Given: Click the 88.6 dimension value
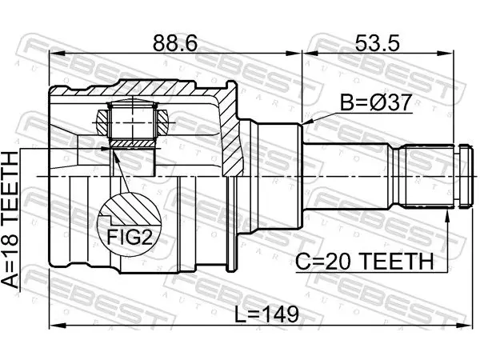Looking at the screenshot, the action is (x=175, y=43).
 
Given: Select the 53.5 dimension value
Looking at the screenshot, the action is (x=377, y=43).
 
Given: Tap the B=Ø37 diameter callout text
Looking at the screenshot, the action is (x=376, y=102).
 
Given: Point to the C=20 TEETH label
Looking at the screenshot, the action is (x=364, y=261).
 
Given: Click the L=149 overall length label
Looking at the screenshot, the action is (x=266, y=314).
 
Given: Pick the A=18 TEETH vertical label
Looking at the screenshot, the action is (x=10, y=220).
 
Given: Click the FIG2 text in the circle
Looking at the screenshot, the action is (x=130, y=237).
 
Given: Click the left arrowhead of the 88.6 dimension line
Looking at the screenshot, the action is (x=57, y=54).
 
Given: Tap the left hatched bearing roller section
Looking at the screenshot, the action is (x=102, y=122).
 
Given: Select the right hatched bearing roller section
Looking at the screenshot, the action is (x=162, y=122).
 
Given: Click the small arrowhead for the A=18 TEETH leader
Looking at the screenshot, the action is (x=105, y=149).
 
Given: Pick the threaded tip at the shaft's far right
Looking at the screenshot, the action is (x=465, y=176).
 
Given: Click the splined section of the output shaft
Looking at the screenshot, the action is (x=426, y=176).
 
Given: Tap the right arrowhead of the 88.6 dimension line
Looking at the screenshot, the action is (x=294, y=54).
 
